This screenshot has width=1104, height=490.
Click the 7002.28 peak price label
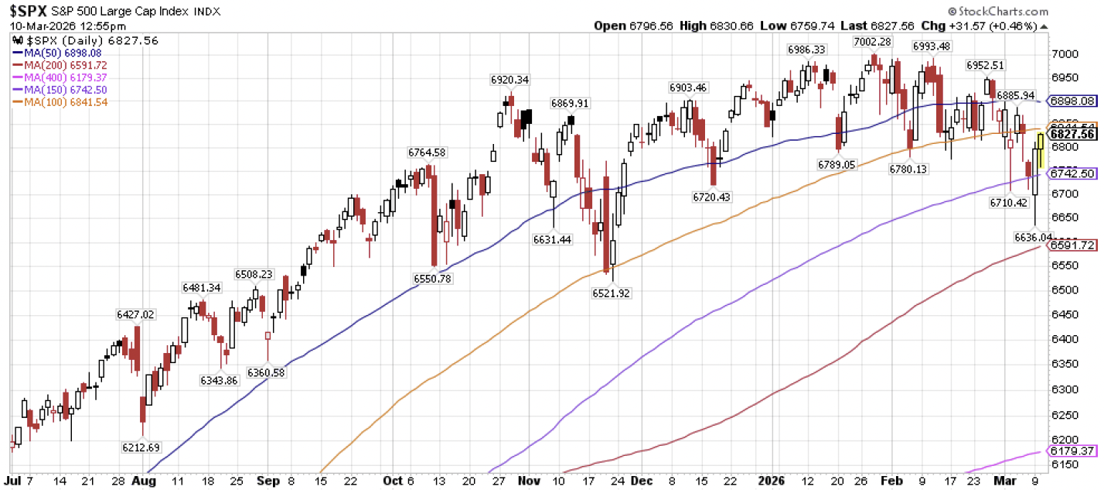point(873,41)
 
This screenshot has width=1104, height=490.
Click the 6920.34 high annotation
point(509,80)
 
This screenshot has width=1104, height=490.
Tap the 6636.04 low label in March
point(1033,237)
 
